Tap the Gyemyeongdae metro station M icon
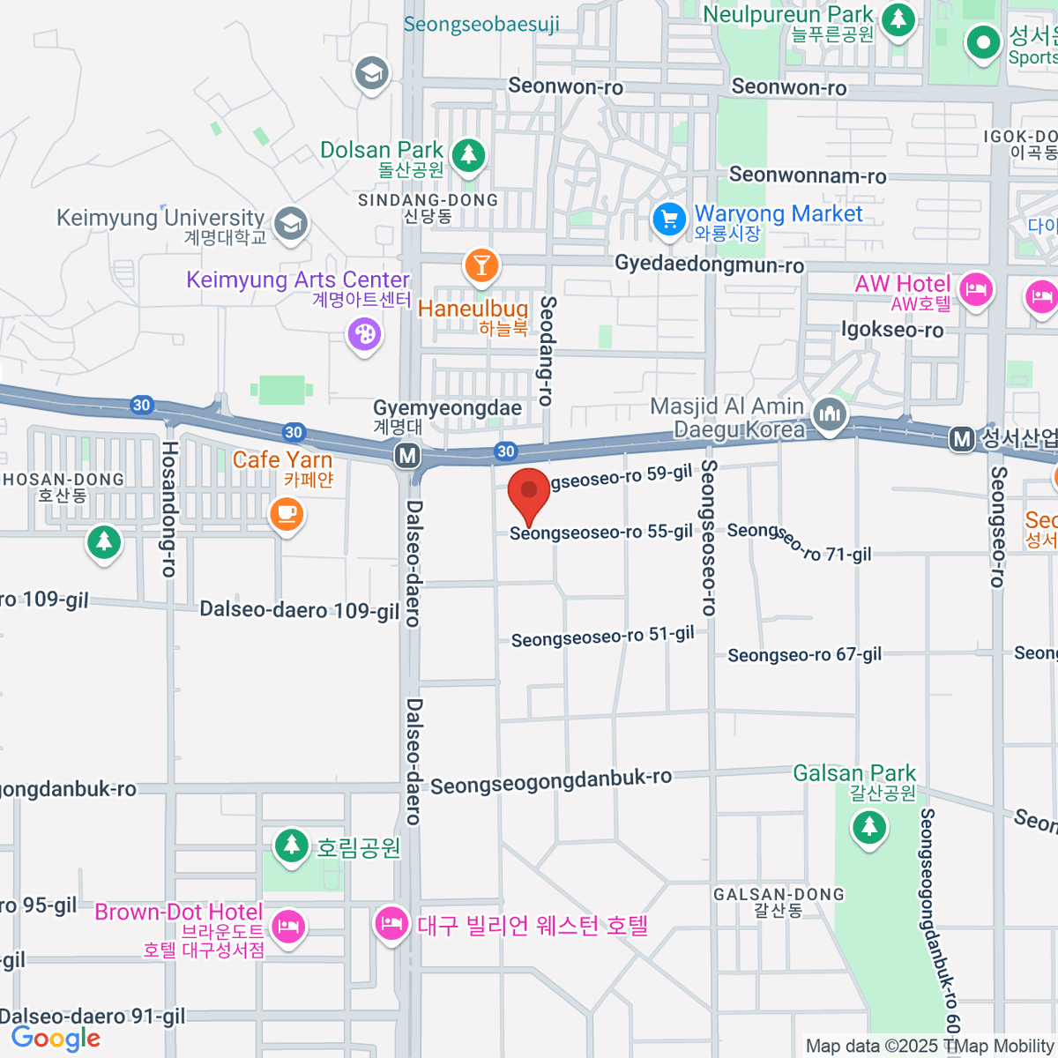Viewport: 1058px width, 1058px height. (407, 456)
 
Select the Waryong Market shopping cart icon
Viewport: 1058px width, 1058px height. (669, 219)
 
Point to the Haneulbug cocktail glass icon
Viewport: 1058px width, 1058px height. (481, 264)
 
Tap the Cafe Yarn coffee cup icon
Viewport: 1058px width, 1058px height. (287, 513)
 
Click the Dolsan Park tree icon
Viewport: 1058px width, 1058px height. (468, 155)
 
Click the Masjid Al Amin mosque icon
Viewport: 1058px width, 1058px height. (830, 414)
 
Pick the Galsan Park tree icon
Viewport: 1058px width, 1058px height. (869, 827)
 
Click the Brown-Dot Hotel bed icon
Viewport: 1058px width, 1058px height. (288, 927)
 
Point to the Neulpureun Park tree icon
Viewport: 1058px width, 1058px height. (898, 18)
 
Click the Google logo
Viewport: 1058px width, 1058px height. (56, 1039)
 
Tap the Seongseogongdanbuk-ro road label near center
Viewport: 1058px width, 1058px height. (551, 781)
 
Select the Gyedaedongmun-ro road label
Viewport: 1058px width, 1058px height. (709, 264)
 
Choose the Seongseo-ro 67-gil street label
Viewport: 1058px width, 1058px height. (804, 655)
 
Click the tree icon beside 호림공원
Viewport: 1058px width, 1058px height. (291, 846)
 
